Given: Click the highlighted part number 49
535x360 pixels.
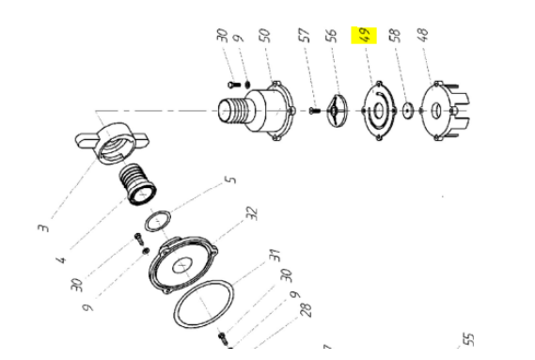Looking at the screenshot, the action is (x=364, y=35).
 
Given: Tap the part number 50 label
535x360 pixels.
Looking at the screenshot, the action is (x=265, y=36).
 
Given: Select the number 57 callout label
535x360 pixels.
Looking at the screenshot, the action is (x=304, y=36).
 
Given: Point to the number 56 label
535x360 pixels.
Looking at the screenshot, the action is (x=331, y=36).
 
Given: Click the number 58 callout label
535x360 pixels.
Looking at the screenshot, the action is (x=394, y=35).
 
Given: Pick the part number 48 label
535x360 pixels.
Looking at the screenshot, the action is (x=422, y=35).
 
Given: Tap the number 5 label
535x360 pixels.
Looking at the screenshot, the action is (x=231, y=180).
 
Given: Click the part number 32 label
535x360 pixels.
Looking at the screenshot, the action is (x=252, y=213).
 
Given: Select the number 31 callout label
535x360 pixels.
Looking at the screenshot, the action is (x=275, y=256).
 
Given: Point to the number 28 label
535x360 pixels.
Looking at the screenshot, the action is (x=307, y=310).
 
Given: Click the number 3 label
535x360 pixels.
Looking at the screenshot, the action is (x=43, y=227).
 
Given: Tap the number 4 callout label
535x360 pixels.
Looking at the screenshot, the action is (x=61, y=260).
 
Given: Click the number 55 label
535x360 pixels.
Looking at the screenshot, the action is (x=468, y=339).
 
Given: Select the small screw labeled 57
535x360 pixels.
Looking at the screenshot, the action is (x=315, y=111).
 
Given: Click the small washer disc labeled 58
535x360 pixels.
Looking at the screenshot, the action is (x=407, y=111).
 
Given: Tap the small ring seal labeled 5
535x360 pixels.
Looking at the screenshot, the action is (x=147, y=223).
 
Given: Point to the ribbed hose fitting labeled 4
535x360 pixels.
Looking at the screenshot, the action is (x=138, y=184).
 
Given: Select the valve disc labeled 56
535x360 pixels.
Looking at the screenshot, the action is (x=337, y=110).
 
